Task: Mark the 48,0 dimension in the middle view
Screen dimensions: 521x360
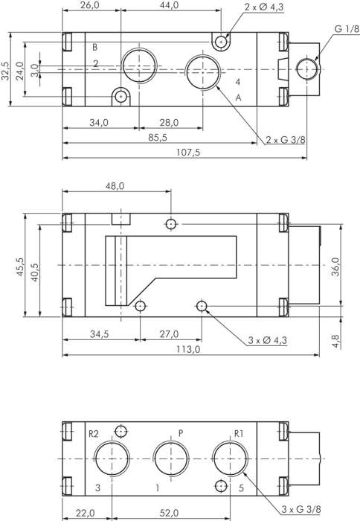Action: click(x=115, y=187)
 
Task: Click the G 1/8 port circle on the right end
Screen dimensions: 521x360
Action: click(x=307, y=69)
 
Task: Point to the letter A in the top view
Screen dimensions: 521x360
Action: click(x=238, y=98)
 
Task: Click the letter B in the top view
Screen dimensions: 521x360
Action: click(x=94, y=48)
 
